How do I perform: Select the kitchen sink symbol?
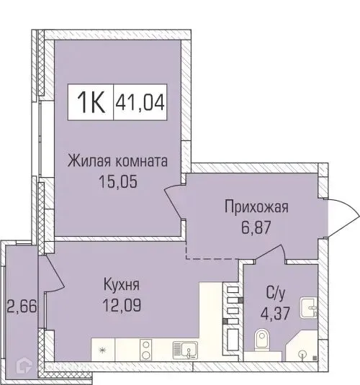click(186, 350)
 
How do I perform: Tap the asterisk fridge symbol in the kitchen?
click(102, 350)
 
